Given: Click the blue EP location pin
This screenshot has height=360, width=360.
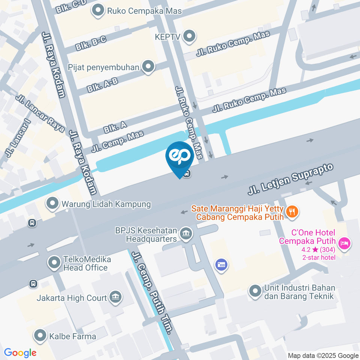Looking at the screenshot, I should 180,157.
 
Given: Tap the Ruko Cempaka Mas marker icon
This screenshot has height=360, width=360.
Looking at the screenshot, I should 99,11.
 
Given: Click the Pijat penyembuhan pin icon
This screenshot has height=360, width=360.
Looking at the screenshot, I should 149,67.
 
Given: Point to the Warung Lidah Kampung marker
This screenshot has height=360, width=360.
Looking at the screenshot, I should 52,204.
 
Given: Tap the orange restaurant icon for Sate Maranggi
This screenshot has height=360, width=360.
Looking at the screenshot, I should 292,212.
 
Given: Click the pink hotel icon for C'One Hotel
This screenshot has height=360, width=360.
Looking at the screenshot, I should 343,244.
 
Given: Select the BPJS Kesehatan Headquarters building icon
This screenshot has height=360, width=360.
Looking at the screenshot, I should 185,234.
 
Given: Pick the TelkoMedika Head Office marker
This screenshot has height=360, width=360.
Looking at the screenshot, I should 54,262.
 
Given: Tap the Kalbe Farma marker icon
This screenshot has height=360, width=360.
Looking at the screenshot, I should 40,336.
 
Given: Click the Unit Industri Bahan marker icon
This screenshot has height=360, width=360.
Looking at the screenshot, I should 255,291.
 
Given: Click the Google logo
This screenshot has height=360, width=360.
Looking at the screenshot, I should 20,353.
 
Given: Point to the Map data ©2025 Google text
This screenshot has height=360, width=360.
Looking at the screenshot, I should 323,355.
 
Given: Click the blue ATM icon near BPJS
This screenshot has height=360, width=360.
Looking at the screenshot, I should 220,265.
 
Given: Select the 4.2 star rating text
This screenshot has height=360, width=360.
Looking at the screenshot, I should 317,249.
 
